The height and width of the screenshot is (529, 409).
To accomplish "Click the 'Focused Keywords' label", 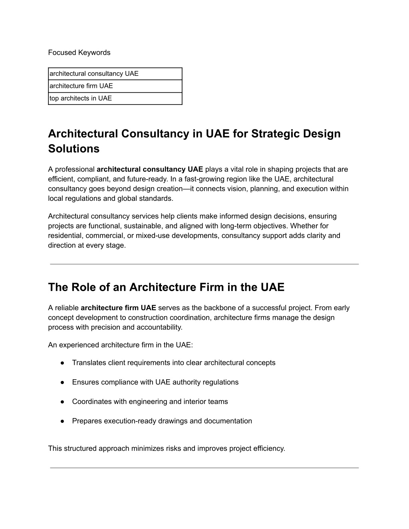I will pos(79,53).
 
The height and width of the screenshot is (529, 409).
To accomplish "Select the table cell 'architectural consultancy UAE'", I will pos(94,74).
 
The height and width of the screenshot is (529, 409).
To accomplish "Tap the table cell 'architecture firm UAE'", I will pos(81,86).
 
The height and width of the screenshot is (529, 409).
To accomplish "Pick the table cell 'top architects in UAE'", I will pos(81,98).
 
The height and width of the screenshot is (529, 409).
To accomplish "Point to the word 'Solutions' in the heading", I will pos(73,149).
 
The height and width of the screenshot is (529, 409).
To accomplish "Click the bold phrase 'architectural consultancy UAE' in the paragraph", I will pos(150,169).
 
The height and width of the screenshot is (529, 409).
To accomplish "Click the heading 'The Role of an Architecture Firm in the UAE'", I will pos(166,287).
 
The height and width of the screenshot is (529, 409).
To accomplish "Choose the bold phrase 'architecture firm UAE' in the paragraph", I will pos(118,308).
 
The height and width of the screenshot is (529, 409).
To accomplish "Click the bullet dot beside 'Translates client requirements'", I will pos(63,363).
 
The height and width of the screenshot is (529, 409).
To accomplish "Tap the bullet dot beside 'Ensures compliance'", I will pos(63,382).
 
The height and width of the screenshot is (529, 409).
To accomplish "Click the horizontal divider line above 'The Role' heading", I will pos(204,264).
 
